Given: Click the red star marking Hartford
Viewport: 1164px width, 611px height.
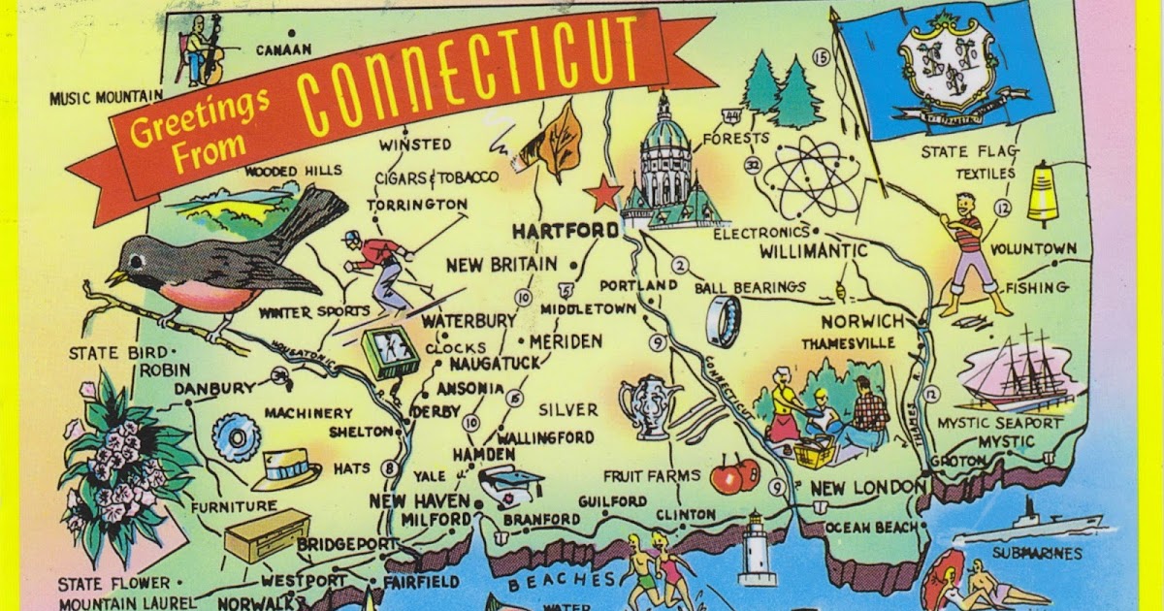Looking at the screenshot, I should pyautogui.click(x=603, y=192).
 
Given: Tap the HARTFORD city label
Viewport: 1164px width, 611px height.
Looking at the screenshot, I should pyautogui.click(x=565, y=231).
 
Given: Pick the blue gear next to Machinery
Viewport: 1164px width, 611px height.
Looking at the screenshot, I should pyautogui.click(x=236, y=437).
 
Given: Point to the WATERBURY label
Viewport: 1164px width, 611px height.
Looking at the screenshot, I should pyautogui.click(x=469, y=320).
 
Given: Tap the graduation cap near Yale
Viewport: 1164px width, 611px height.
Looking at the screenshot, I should pyautogui.click(x=510, y=483).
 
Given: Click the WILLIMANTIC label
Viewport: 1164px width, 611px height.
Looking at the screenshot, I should pyautogui.click(x=814, y=252).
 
